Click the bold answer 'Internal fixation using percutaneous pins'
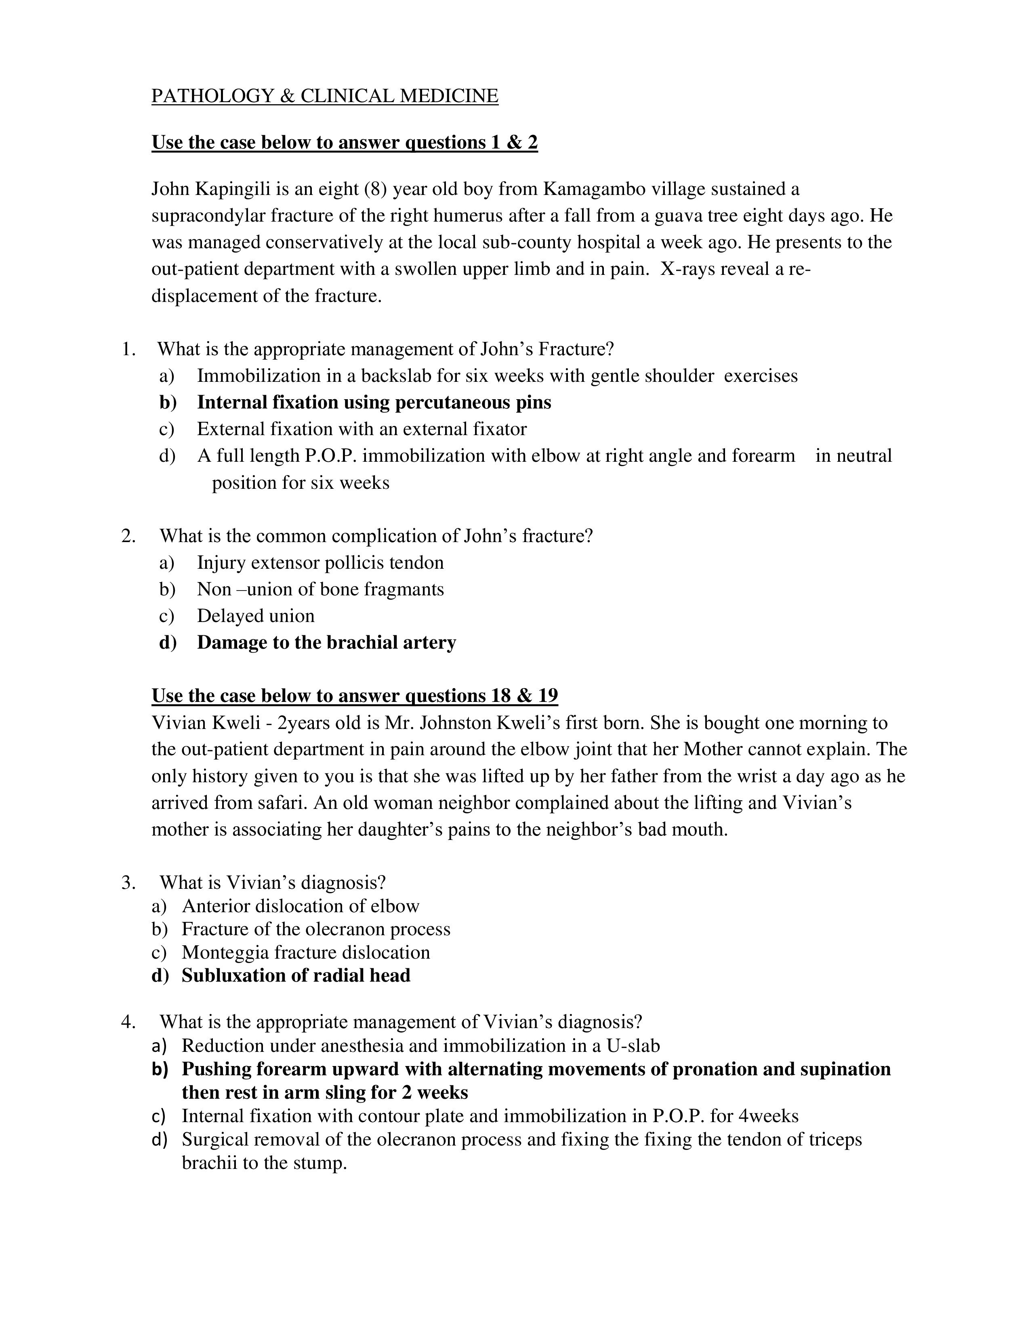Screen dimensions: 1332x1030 tap(374, 402)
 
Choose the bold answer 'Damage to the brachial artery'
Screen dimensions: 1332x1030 tap(326, 643)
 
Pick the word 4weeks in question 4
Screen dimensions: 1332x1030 tap(768, 1116)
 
